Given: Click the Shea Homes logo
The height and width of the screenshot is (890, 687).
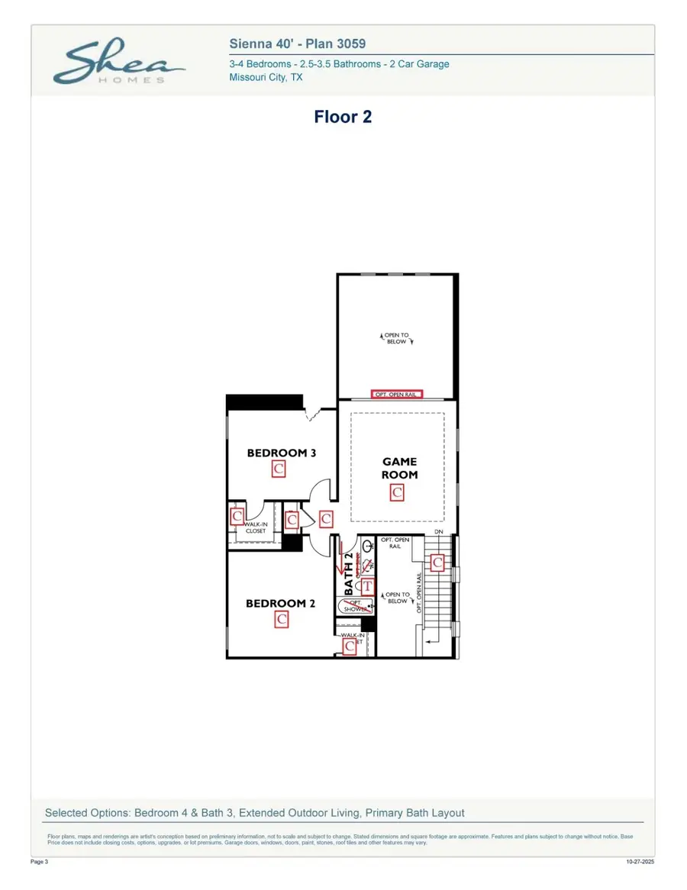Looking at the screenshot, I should (x=118, y=64).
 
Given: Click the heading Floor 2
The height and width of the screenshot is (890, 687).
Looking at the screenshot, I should (x=343, y=117).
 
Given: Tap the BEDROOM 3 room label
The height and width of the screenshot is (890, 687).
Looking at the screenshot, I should (x=281, y=453).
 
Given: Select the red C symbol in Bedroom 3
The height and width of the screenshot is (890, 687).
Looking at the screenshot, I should (x=279, y=469).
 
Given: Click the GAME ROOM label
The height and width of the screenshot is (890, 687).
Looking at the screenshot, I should (x=399, y=468).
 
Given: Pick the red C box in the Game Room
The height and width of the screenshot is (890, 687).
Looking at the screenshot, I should (x=397, y=493).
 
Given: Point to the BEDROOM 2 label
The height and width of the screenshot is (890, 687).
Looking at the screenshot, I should (x=280, y=603).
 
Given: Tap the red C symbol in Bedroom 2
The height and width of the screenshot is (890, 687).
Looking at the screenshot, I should (x=281, y=620).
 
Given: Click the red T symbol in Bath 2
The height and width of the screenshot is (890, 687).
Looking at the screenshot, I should (x=367, y=585).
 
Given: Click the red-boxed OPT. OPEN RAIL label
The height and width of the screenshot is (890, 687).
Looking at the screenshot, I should (x=396, y=395).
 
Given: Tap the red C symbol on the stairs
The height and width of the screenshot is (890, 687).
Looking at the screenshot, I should (x=437, y=563).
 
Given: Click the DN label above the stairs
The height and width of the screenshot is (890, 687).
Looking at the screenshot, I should (x=439, y=531).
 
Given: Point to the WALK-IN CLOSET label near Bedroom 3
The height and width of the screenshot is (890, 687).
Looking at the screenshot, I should (x=255, y=527).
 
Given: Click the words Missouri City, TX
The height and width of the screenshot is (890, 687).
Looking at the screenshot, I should (x=266, y=78).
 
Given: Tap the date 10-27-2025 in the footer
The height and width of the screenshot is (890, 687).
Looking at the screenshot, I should (x=639, y=861).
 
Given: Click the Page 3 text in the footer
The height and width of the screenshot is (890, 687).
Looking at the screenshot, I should (x=40, y=861).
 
